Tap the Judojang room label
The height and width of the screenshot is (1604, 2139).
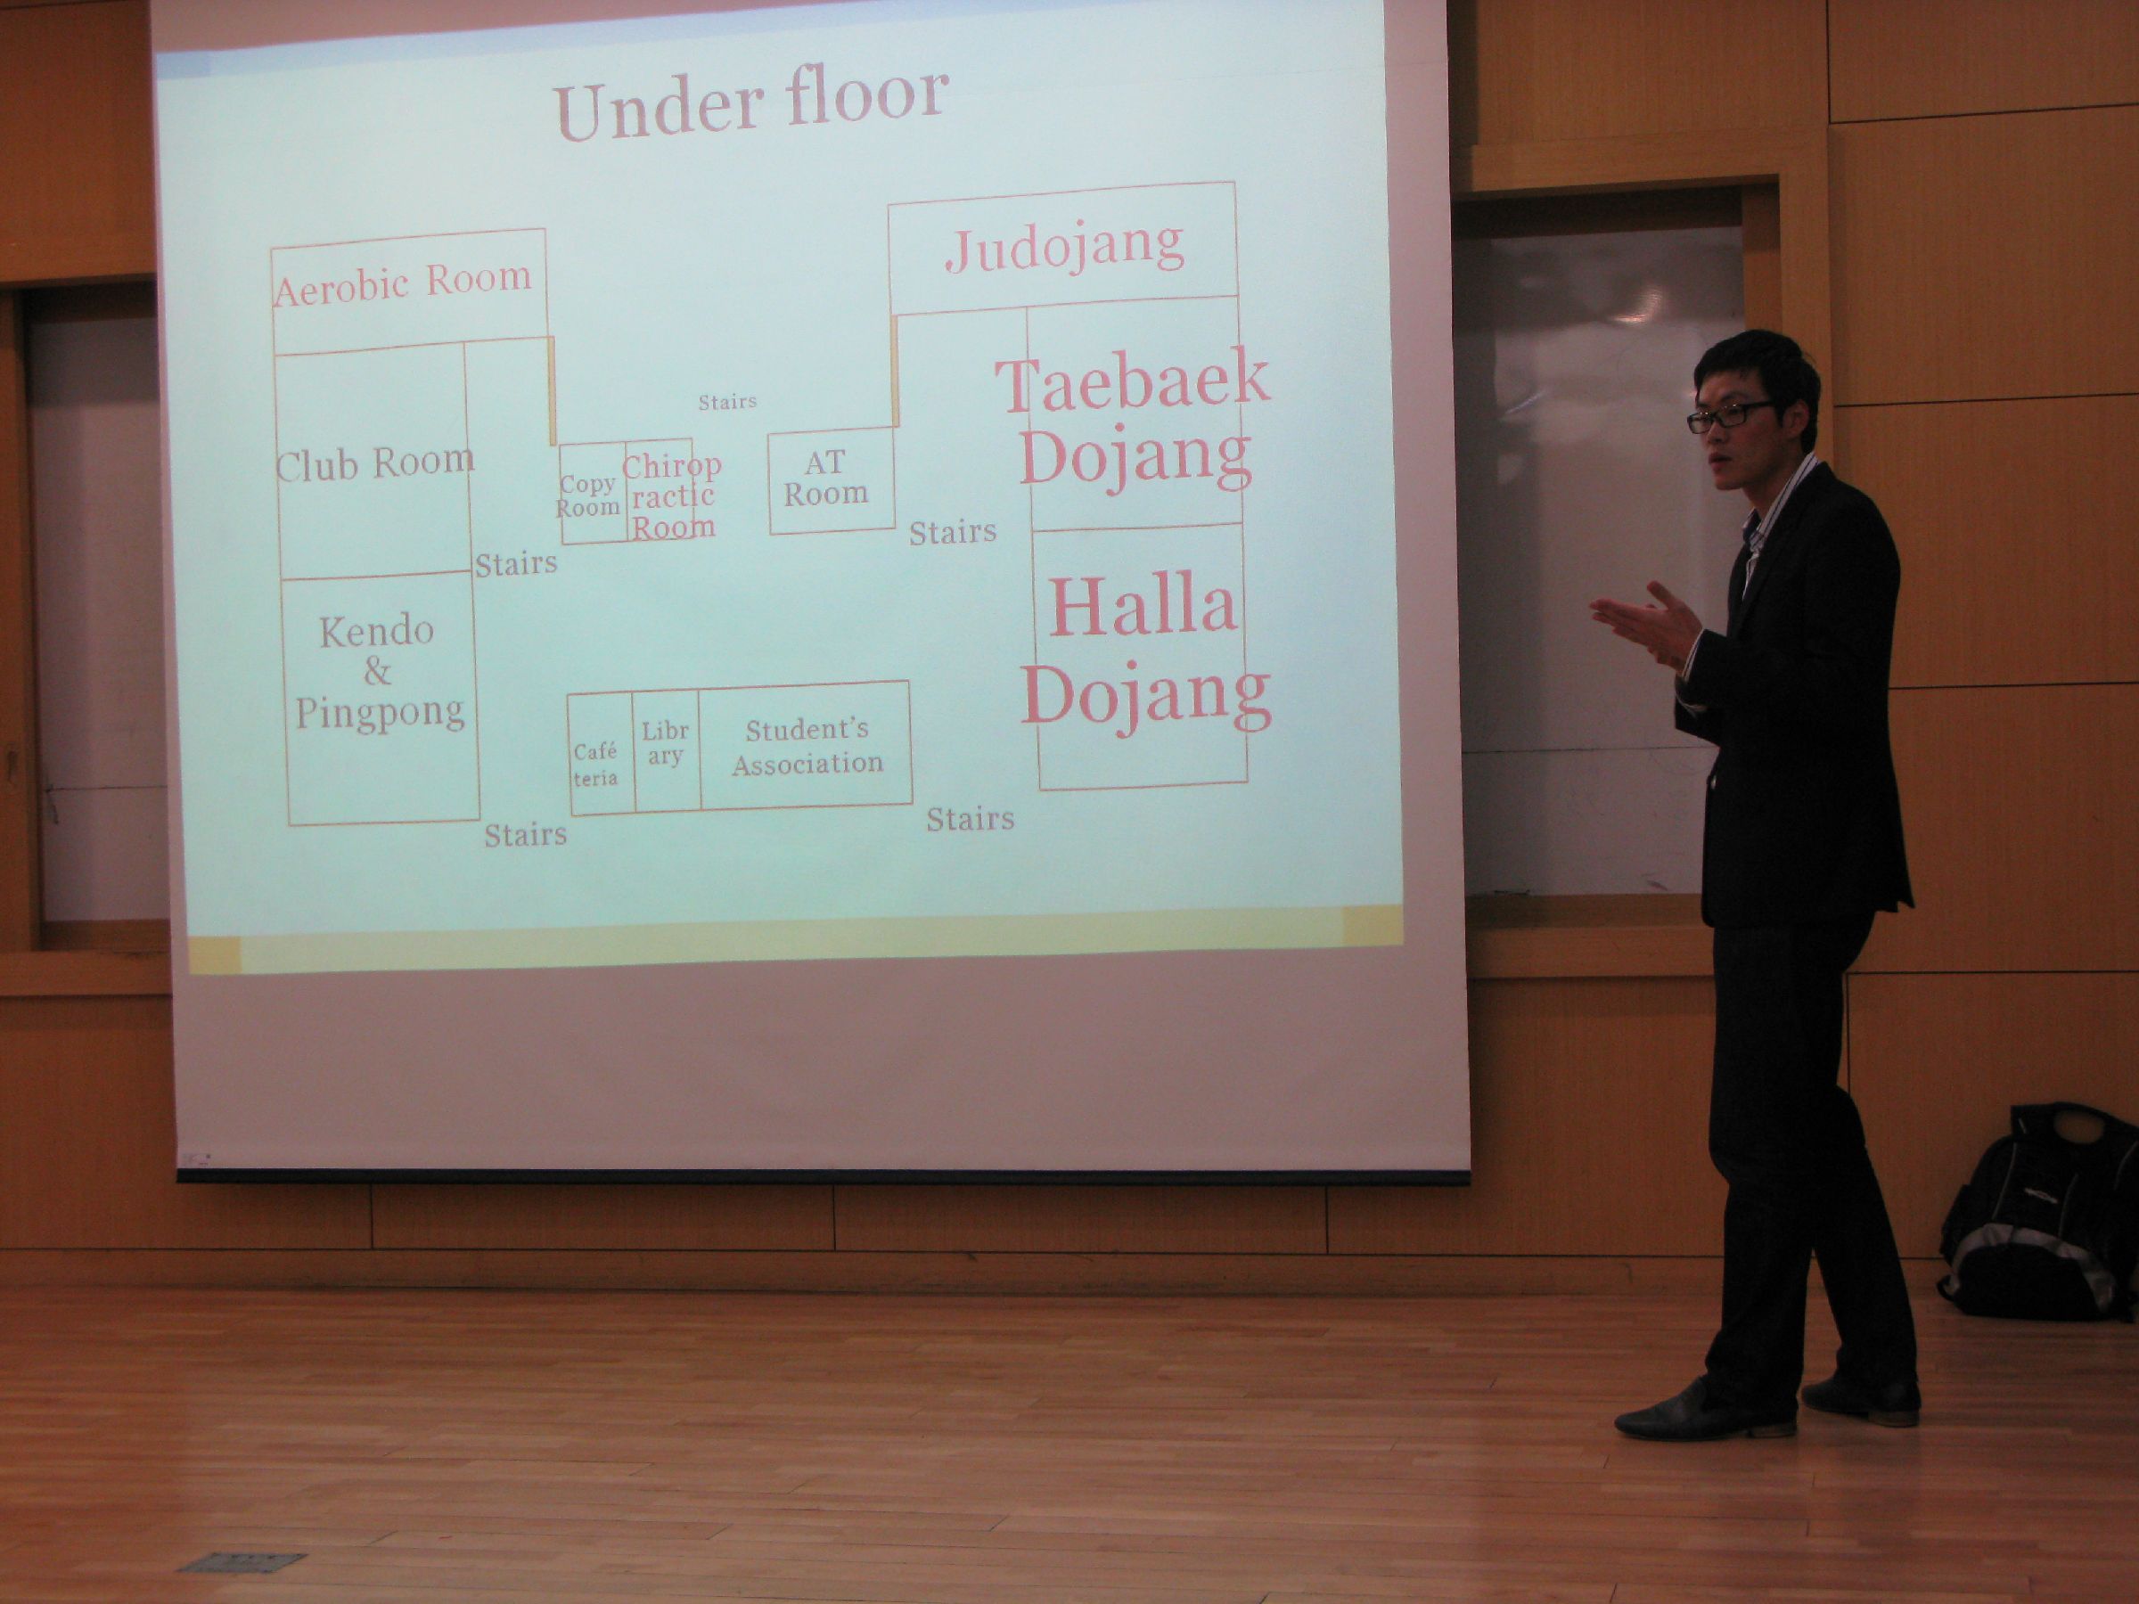click(1065, 248)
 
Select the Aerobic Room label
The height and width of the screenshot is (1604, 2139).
click(403, 283)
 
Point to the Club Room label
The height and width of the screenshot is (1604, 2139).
click(375, 463)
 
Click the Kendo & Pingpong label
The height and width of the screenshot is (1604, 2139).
click(379, 671)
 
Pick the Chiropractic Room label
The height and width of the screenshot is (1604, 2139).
click(672, 495)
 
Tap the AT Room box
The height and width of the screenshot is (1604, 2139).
click(831, 479)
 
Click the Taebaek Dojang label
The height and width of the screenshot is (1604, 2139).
click(1133, 422)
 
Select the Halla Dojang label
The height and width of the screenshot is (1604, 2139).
click(1146, 649)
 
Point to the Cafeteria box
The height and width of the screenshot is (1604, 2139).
click(601, 753)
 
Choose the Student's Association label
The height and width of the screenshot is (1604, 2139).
click(807, 746)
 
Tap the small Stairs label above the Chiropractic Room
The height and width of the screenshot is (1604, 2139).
click(727, 401)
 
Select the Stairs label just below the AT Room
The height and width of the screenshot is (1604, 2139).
click(953, 532)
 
